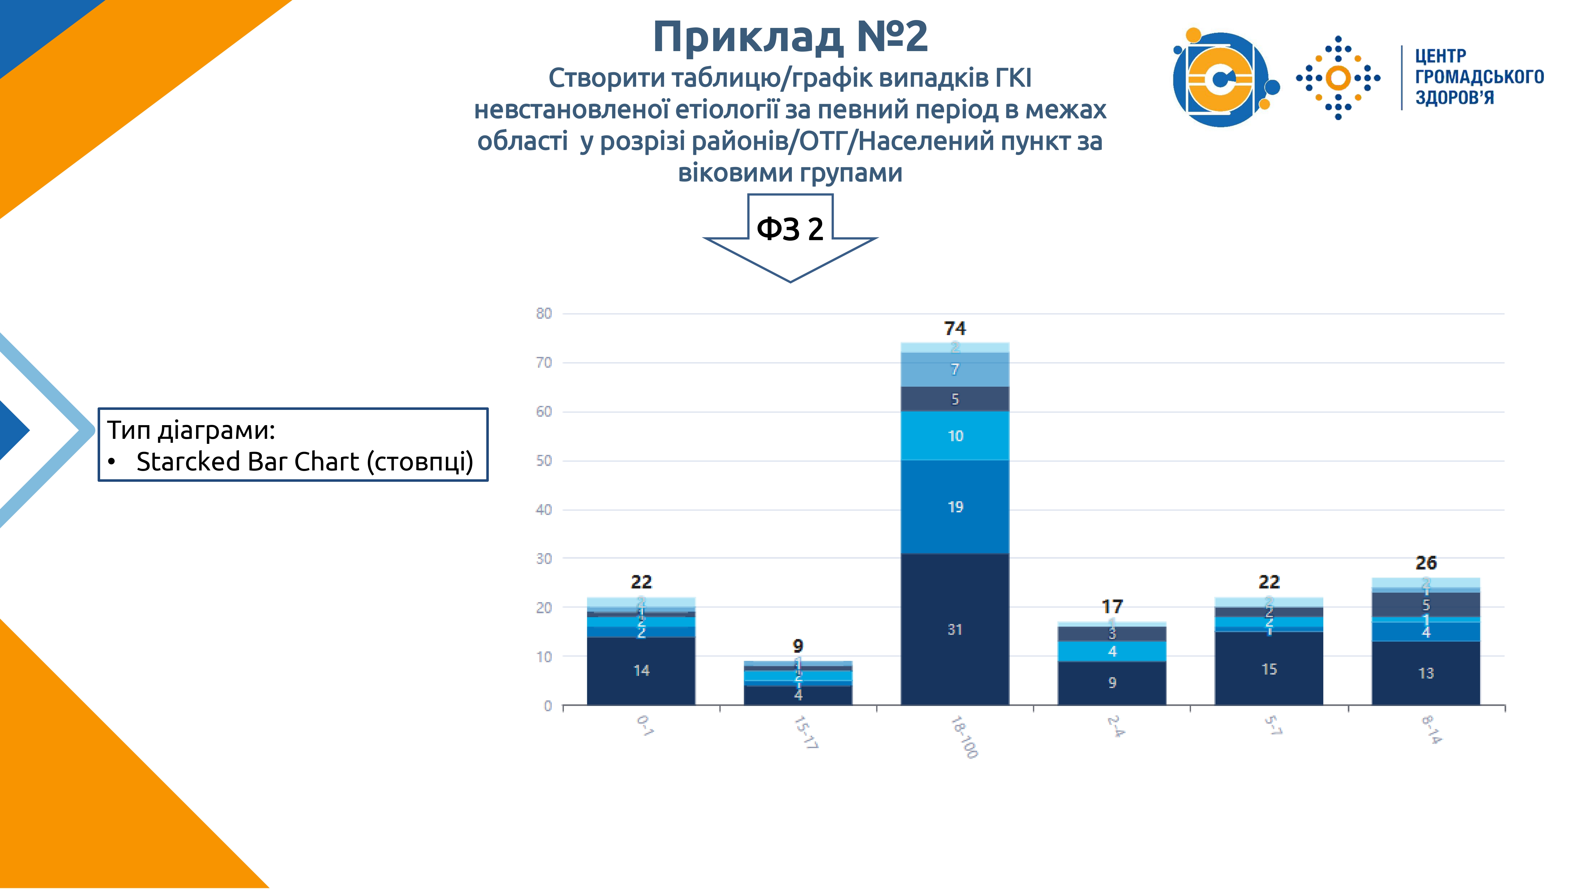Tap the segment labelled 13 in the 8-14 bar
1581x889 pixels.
(x=1426, y=673)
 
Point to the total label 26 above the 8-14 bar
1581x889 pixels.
(x=1426, y=563)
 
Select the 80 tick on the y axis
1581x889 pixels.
(x=544, y=313)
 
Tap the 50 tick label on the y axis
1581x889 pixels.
(x=544, y=461)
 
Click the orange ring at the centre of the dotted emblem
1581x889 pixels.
(x=1338, y=78)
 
